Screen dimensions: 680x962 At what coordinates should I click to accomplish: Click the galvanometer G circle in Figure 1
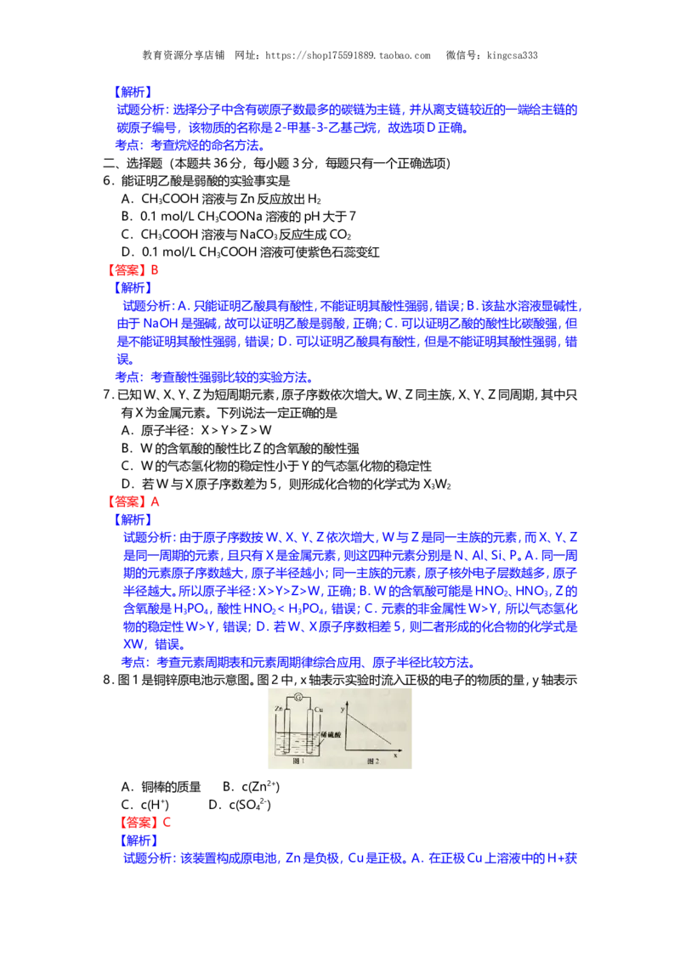point(298,697)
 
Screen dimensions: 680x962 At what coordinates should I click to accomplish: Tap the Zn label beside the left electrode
point(280,709)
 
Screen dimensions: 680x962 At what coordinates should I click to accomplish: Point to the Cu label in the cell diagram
point(319,710)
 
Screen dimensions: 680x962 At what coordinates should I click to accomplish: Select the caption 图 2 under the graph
point(373,761)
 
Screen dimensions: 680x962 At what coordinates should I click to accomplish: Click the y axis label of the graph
point(343,709)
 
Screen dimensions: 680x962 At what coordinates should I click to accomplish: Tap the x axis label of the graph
point(395,755)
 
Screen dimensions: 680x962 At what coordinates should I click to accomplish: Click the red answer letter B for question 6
point(155,270)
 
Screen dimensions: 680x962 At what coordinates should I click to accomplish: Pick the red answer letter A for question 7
point(156,502)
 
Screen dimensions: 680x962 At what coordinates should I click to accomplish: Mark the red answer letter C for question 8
point(167,823)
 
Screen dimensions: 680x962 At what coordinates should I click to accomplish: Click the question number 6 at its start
point(107,181)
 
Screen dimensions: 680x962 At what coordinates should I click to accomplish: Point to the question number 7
point(107,395)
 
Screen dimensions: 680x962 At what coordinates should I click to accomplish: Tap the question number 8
point(107,680)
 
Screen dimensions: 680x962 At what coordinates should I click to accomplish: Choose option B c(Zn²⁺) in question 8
point(251,787)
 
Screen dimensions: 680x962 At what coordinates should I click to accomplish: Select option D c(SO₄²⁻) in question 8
point(240,804)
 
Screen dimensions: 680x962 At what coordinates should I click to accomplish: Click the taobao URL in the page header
point(348,55)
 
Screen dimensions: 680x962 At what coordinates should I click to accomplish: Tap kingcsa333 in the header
point(513,55)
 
